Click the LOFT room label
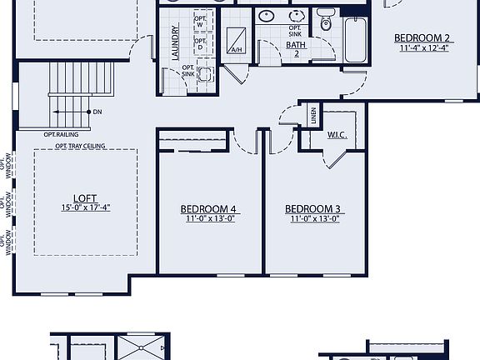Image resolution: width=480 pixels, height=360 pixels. [x=85, y=198]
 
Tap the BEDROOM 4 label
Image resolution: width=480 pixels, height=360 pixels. [x=208, y=209]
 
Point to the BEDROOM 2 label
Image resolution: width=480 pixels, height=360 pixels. [x=423, y=37]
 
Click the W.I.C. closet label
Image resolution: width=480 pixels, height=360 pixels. [x=337, y=133]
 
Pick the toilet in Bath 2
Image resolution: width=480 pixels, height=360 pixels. [x=326, y=21]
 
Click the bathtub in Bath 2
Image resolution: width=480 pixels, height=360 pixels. [x=355, y=38]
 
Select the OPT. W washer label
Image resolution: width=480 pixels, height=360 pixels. [x=200, y=22]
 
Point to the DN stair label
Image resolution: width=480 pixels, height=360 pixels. [x=97, y=111]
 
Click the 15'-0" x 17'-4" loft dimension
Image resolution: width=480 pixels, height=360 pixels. [x=85, y=207]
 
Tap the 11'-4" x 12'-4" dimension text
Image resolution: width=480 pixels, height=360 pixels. [x=423, y=47]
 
